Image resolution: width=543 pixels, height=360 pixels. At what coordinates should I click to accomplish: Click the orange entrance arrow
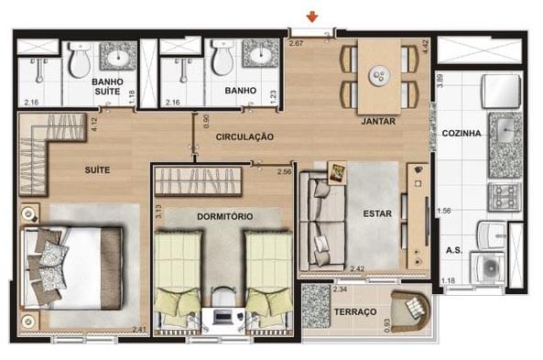[312, 16]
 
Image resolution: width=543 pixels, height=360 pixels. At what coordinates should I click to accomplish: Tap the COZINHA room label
[462, 134]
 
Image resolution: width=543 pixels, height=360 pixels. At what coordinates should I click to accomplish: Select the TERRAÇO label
[355, 311]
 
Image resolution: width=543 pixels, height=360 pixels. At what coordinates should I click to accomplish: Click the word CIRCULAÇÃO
[244, 136]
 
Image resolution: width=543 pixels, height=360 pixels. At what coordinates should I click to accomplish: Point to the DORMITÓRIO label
[224, 217]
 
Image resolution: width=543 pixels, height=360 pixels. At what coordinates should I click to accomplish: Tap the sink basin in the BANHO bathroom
[260, 55]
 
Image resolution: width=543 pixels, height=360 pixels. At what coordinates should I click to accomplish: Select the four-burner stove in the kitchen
[505, 197]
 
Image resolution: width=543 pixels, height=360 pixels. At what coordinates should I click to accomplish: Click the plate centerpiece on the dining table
[380, 75]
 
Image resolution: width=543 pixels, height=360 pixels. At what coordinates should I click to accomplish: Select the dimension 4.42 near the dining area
[425, 47]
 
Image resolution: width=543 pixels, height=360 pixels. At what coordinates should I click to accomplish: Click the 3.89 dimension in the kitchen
[440, 81]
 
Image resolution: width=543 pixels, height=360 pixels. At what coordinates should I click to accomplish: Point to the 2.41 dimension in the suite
[139, 330]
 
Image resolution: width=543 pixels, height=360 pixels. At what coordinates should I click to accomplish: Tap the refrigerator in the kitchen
[501, 91]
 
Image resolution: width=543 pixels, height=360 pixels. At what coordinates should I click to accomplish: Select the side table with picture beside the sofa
[337, 172]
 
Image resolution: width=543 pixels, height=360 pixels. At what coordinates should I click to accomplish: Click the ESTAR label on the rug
[377, 213]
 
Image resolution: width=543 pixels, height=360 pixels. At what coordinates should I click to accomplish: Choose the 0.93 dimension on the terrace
[387, 325]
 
